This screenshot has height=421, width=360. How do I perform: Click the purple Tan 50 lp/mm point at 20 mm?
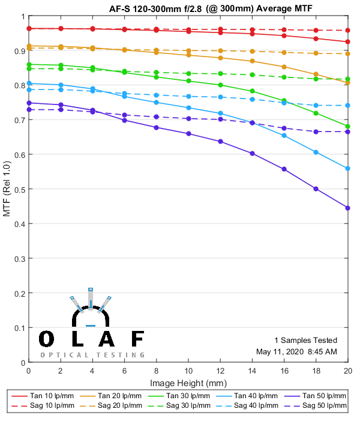coord(348,208)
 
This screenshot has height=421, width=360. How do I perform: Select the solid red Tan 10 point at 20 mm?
coord(348,41)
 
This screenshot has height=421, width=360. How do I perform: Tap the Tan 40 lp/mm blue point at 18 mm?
coord(316,152)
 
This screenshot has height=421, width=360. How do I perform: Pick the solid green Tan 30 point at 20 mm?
coord(348,126)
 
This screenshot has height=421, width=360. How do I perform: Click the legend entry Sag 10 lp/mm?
coord(51,406)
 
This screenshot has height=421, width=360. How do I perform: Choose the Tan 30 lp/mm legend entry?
coord(188,396)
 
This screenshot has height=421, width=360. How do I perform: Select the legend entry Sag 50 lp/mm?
coord(325,406)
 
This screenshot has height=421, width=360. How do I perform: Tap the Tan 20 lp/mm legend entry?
coord(119,396)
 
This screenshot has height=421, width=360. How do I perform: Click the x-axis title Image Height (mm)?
coord(188,383)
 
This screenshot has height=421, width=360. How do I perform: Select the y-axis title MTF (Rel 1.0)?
coord(7,189)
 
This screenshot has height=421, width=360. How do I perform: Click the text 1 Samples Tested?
coord(305,340)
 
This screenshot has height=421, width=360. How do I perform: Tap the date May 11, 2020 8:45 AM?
coord(296,351)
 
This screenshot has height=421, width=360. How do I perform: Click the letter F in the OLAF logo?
coord(137,340)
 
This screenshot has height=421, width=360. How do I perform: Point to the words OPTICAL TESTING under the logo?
coord(92,355)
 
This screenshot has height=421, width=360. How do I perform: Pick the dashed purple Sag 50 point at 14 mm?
coord(252,123)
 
